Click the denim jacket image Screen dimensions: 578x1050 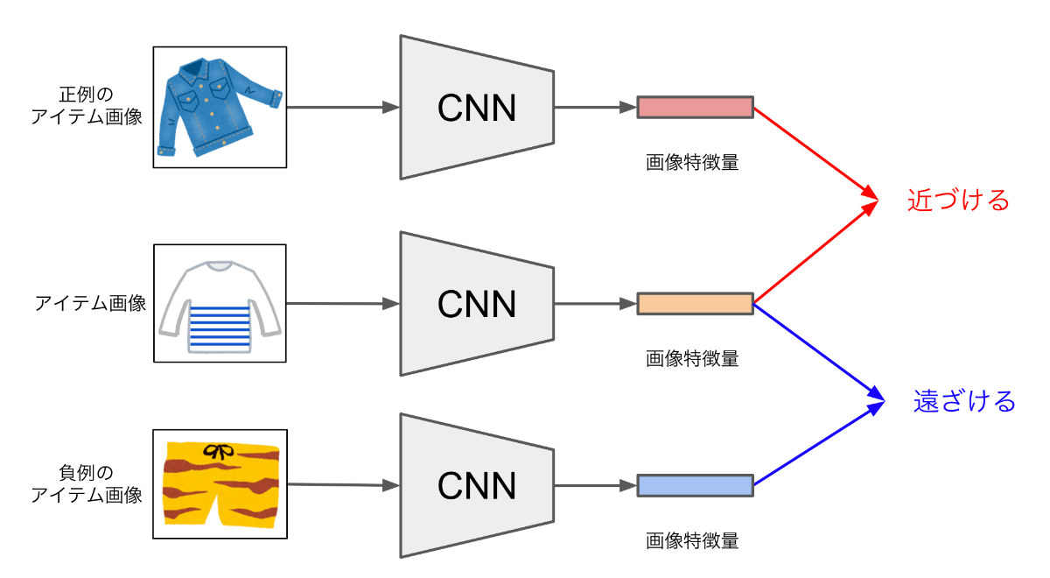220,107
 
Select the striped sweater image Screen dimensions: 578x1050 220,303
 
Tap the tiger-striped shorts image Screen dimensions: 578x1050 220,484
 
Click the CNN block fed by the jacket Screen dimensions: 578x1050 477,108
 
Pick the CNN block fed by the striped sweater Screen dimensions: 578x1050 477,304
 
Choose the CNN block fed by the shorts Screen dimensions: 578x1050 477,485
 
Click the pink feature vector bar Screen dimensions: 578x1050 695,108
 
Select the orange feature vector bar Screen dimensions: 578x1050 695,304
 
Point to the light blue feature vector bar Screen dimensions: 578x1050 695,485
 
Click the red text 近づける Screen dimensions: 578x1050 958,201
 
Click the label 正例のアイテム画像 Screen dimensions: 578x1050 87,105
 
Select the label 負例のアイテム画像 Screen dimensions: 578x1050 87,484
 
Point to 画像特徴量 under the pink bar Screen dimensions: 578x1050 692,162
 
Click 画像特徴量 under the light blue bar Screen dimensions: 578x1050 692,540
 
